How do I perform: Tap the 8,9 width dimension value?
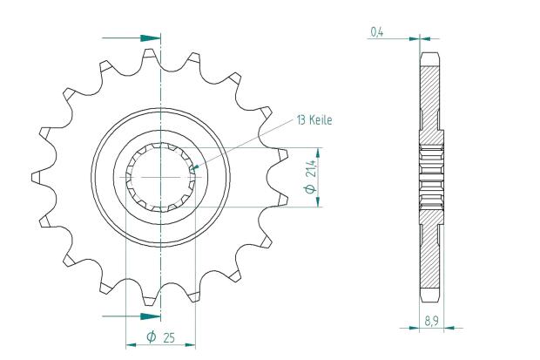[x=431, y=322]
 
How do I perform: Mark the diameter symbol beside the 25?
[x=152, y=336]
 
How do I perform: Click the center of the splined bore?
[x=161, y=177]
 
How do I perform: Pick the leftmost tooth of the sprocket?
[x=37, y=177]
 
